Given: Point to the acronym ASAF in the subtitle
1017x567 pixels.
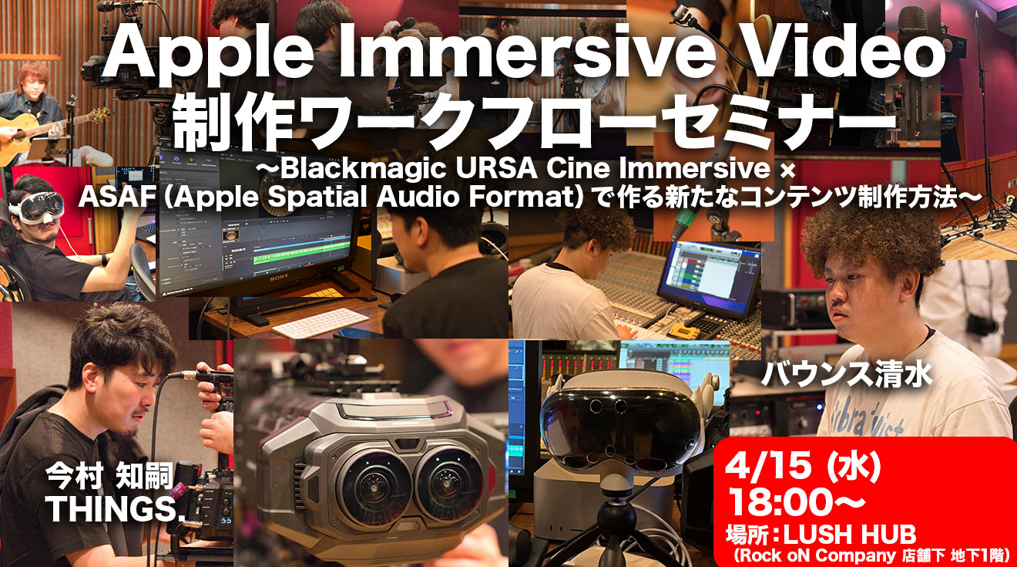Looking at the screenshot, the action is [x=116, y=197].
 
